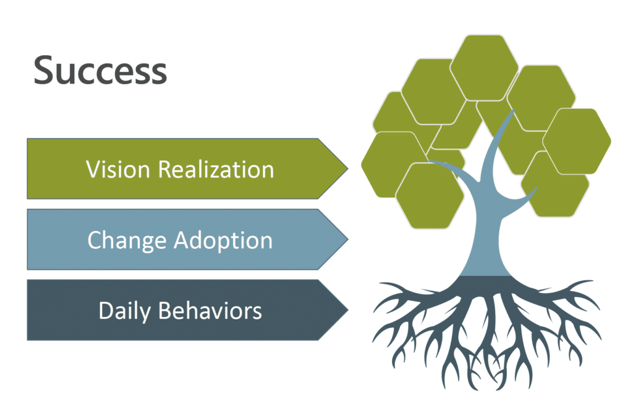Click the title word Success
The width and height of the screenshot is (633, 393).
pyautogui.click(x=100, y=70)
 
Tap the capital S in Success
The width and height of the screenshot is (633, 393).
pyautogui.click(x=45, y=70)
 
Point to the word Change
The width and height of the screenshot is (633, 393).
pyautogui.click(x=126, y=240)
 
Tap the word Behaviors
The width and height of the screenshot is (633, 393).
pyautogui.click(x=210, y=310)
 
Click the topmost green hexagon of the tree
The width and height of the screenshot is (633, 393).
pyautogui.click(x=484, y=67)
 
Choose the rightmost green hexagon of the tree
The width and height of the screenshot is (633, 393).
pyautogui.click(x=577, y=141)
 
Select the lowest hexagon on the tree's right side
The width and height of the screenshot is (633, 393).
pyautogui.click(x=556, y=186)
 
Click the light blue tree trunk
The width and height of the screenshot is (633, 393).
pyautogui.click(x=486, y=248)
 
